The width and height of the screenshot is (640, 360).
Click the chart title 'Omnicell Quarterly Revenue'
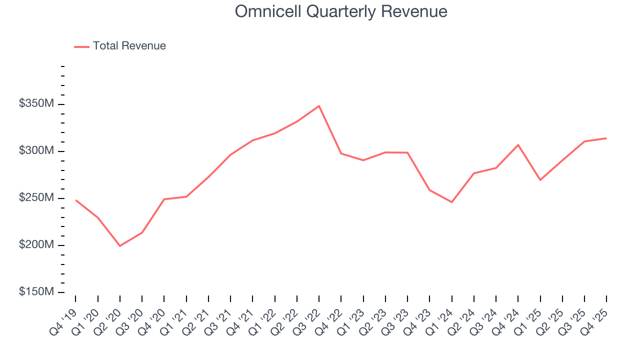341,11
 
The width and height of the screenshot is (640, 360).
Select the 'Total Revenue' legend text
129,46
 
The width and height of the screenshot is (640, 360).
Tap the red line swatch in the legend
81,46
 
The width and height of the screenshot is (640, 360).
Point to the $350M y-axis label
37,104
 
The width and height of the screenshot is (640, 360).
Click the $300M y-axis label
37,151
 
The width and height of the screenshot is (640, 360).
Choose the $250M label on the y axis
37,198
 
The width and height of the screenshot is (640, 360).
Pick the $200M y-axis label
37,245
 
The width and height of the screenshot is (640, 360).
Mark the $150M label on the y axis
37,292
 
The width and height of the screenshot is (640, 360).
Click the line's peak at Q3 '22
319,106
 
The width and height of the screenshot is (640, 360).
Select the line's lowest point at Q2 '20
120,246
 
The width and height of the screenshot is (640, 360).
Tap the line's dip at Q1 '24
451,202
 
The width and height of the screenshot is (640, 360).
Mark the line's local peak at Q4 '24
518,144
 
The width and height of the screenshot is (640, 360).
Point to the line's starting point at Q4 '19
75,200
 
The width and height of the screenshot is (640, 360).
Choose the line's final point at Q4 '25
606,138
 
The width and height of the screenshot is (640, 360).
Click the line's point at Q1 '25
540,180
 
